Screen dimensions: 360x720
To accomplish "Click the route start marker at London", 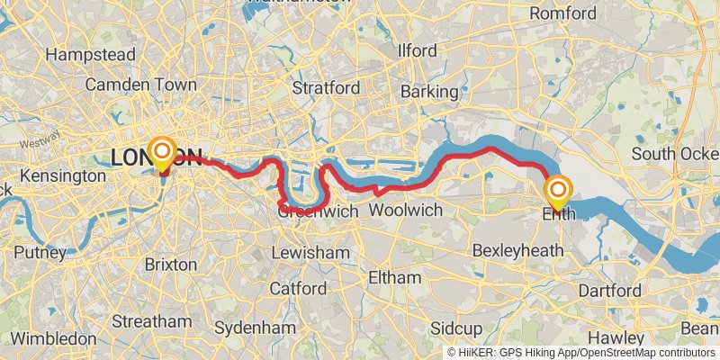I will (x=163, y=154).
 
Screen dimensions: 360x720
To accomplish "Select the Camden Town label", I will (x=140, y=85).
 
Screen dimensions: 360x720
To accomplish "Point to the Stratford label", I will (x=327, y=88).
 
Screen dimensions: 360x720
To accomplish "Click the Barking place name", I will (x=429, y=92).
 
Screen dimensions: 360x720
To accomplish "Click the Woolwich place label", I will (x=407, y=210).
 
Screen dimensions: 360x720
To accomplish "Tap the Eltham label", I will (x=395, y=278).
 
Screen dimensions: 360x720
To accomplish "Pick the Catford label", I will (x=298, y=289).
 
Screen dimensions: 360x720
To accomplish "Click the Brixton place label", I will (x=170, y=265).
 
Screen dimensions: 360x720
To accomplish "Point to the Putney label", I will (x=40, y=253).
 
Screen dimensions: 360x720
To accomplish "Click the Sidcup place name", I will (x=456, y=328).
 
